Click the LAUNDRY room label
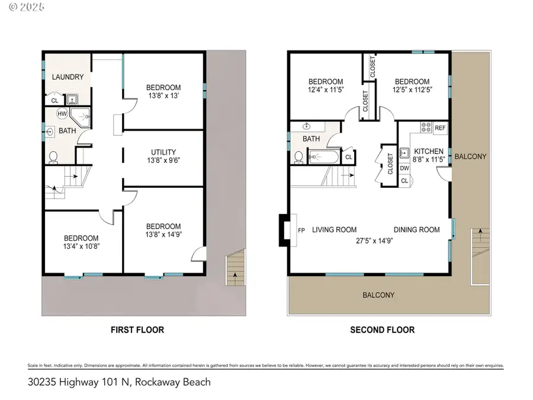68,77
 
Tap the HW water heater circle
62,113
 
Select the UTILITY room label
163,152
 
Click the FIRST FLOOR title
137,329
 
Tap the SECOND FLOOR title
383,329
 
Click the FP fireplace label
301,230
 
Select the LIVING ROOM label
335,230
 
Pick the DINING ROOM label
417,230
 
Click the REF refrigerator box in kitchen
440,128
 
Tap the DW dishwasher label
405,168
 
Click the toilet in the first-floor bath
53,156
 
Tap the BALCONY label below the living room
379,295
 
